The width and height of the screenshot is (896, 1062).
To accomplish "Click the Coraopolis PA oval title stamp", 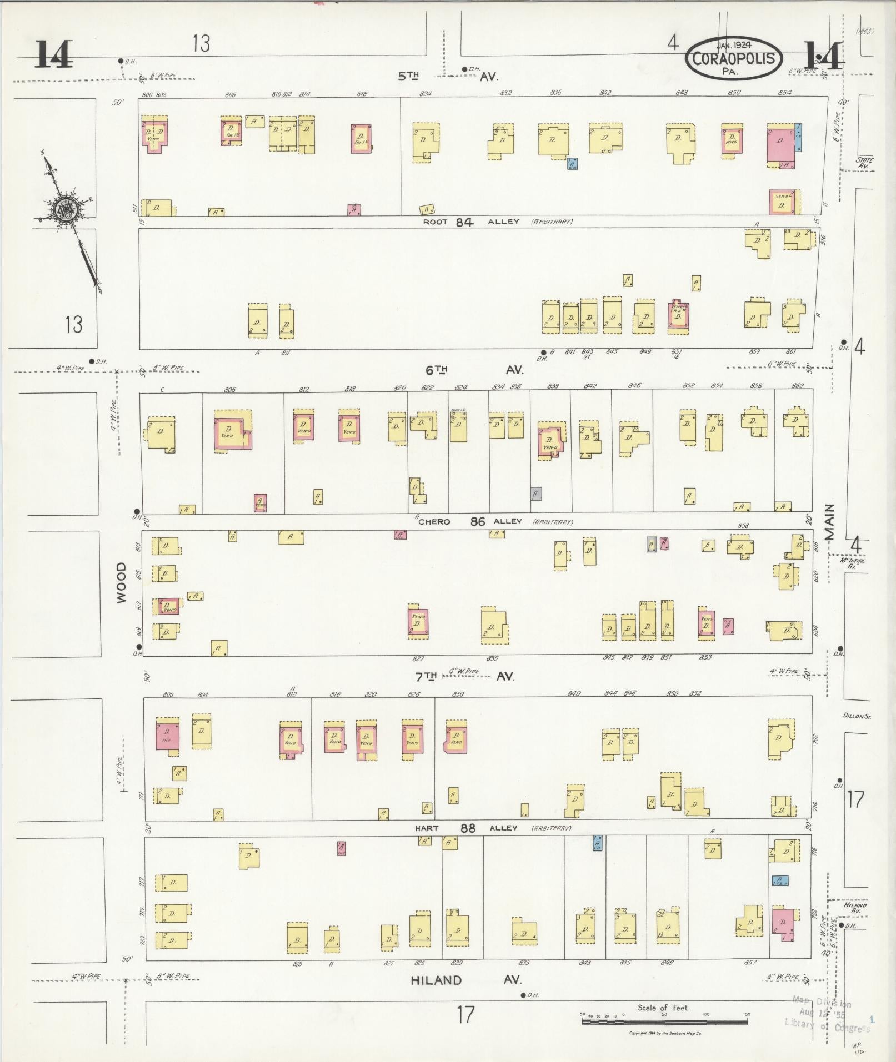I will click(x=734, y=58).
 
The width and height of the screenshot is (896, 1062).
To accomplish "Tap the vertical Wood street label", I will click(x=122, y=582).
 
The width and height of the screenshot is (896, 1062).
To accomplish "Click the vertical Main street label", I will click(x=829, y=522).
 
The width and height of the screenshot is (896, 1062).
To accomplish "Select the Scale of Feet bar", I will click(x=665, y=1021).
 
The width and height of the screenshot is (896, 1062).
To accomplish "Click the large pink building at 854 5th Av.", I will click(x=780, y=144).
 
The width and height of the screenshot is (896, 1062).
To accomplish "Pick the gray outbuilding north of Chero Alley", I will click(x=535, y=494).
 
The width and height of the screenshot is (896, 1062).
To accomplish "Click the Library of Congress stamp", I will click(x=828, y=1014).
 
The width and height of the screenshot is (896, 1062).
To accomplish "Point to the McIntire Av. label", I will click(x=849, y=563).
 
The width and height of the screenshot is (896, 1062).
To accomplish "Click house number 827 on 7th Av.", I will click(x=418, y=658).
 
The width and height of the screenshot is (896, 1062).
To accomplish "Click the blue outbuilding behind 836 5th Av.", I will click(x=572, y=163).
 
